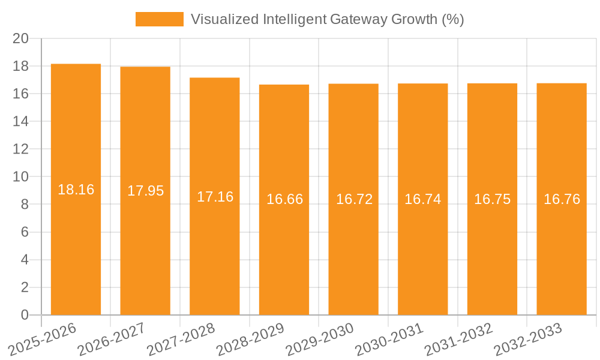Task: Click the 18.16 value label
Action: click(x=76, y=190)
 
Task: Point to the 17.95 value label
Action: click(x=145, y=191)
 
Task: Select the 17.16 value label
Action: click(x=215, y=197)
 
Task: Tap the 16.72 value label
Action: click(x=354, y=199)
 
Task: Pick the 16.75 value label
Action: click(x=492, y=199)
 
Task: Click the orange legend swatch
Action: click(x=159, y=19)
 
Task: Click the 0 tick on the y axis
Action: click(x=25, y=315)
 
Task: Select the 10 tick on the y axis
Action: click(x=21, y=177)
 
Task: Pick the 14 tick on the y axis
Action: click(x=21, y=121)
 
